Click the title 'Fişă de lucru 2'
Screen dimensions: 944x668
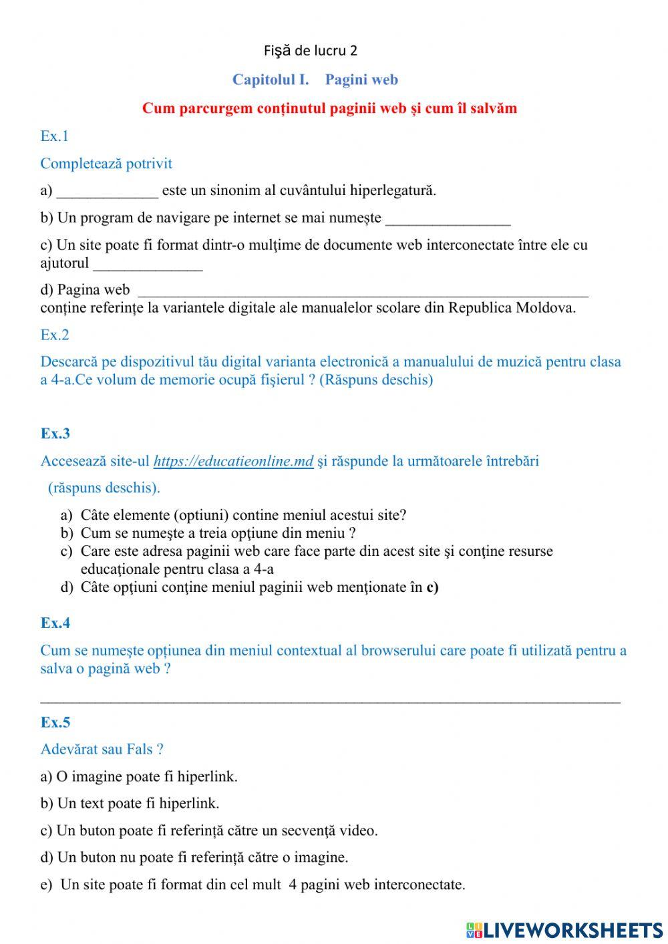click(x=310, y=51)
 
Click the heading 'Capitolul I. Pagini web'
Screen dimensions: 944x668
click(x=315, y=80)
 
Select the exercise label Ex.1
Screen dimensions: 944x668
click(x=54, y=136)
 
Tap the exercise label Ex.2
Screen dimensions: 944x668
click(x=54, y=335)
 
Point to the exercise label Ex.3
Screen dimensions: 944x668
click(x=55, y=434)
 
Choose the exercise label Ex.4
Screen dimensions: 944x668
click(x=55, y=623)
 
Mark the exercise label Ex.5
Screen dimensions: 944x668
click(x=55, y=722)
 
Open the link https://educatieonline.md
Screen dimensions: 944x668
click(x=233, y=462)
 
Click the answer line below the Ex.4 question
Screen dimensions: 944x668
click(x=330, y=699)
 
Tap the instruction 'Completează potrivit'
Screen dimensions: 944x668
click(x=106, y=164)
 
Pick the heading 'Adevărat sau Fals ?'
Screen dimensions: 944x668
click(x=102, y=750)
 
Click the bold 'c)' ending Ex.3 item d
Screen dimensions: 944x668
click(x=432, y=588)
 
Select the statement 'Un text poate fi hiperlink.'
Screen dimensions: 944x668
click(x=138, y=804)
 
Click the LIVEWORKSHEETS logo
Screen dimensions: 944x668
click(x=564, y=929)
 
